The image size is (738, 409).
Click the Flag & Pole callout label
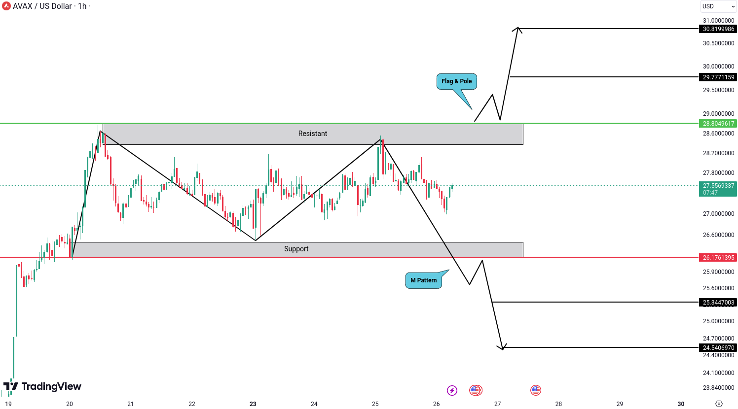(x=456, y=81)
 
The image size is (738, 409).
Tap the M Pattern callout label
(x=423, y=280)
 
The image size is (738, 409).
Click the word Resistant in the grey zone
(x=312, y=134)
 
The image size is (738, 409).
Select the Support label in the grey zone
(x=296, y=249)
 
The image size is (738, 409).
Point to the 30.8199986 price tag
(x=718, y=29)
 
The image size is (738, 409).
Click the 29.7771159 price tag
(x=718, y=77)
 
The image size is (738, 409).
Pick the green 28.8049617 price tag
(x=718, y=124)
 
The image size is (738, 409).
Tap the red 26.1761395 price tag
(x=718, y=258)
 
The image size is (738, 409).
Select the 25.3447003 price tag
(x=718, y=303)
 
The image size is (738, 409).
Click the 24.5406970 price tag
(x=718, y=348)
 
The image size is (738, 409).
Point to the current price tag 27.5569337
(x=718, y=186)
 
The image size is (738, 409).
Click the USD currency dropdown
(x=718, y=6)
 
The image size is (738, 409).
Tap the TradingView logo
(x=42, y=386)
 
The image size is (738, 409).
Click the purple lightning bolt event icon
(x=452, y=391)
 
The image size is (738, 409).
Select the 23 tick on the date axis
(x=253, y=404)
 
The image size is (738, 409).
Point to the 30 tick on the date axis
(x=681, y=404)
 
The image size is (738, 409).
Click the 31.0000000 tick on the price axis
(x=718, y=21)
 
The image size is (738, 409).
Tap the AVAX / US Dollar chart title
(x=49, y=6)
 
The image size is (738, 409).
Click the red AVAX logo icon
(x=6, y=6)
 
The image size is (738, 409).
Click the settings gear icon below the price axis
(x=719, y=404)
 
